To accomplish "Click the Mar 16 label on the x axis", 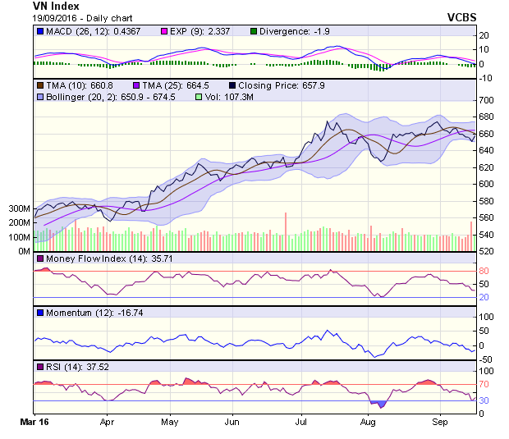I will [34, 423].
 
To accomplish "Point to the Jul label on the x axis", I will [301, 423].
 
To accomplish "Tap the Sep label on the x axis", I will [440, 423].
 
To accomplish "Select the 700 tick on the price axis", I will [486, 99].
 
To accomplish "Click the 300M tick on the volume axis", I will [20, 209].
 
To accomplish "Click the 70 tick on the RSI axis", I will [484, 383].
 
